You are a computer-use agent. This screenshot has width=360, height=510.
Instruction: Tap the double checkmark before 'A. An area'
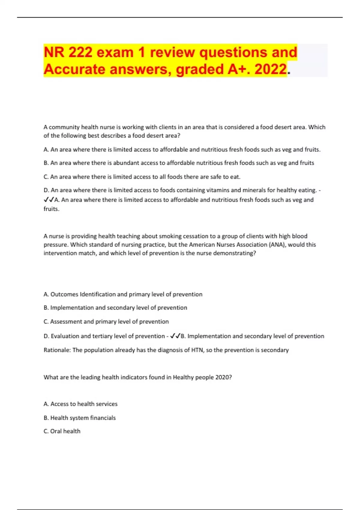(x=49, y=200)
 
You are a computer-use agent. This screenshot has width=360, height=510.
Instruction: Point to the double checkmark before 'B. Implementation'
(x=175, y=336)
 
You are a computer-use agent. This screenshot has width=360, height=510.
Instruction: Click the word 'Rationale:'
(x=57, y=350)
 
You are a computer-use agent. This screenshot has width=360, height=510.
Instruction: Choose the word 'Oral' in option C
(x=56, y=431)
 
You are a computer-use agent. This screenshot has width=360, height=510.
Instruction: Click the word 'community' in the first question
(x=64, y=127)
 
